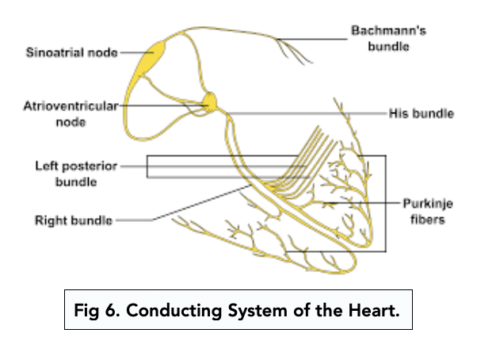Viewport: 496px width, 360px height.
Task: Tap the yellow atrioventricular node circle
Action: pos(209,101)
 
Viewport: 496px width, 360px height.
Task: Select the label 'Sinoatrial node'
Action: pos(71,53)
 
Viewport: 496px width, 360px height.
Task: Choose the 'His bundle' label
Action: pos(422,113)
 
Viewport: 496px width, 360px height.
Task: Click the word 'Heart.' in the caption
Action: pos(376,309)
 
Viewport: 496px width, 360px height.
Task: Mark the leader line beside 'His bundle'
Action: pos(317,113)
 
